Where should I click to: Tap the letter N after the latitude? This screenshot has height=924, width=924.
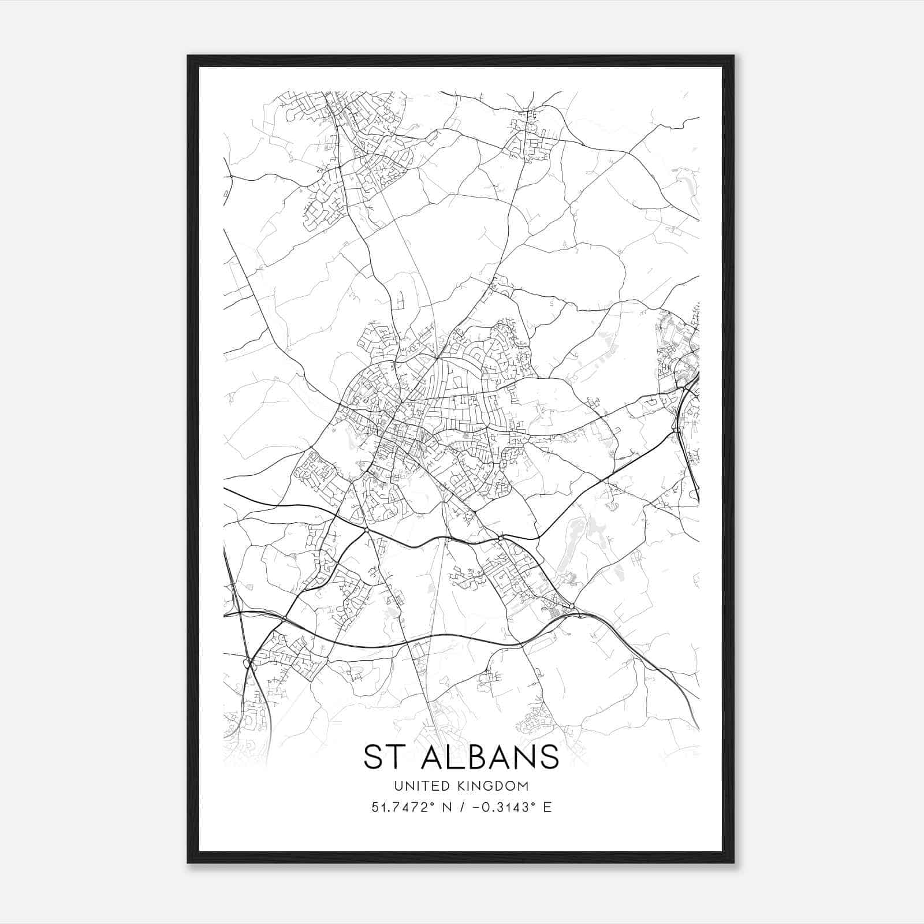[445, 807]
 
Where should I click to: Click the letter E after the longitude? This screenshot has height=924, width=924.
[547, 807]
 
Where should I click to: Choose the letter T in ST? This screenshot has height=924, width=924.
[396, 757]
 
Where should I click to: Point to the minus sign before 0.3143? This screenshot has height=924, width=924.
[475, 807]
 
